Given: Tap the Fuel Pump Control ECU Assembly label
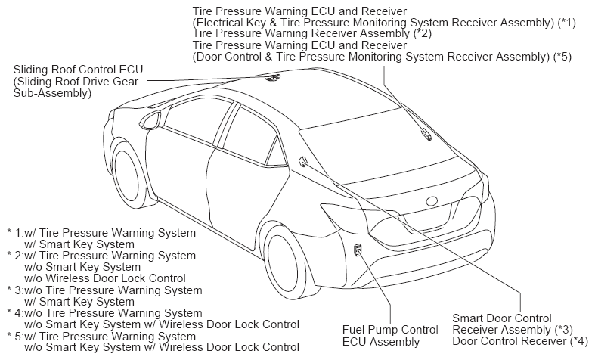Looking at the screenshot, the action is pos(390,336).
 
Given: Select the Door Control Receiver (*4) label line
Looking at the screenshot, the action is pos(520,341).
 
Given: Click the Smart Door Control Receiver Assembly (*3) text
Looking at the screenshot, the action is pos(513,324).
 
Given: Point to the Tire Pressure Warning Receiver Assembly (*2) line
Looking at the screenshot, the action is pos(312,33).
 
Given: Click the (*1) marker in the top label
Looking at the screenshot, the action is pos(566,23).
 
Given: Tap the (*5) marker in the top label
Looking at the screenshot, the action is pos(562,57).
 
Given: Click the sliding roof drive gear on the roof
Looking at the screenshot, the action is pos(273,77).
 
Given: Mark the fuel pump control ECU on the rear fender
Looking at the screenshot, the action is pos(358,250).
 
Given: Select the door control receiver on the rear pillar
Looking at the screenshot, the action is pos(304,162).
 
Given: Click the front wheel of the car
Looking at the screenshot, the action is pos(129,175).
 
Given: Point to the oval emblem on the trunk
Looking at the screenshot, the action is pos(433,201).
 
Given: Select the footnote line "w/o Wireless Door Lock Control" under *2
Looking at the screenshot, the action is pos(105,278).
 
